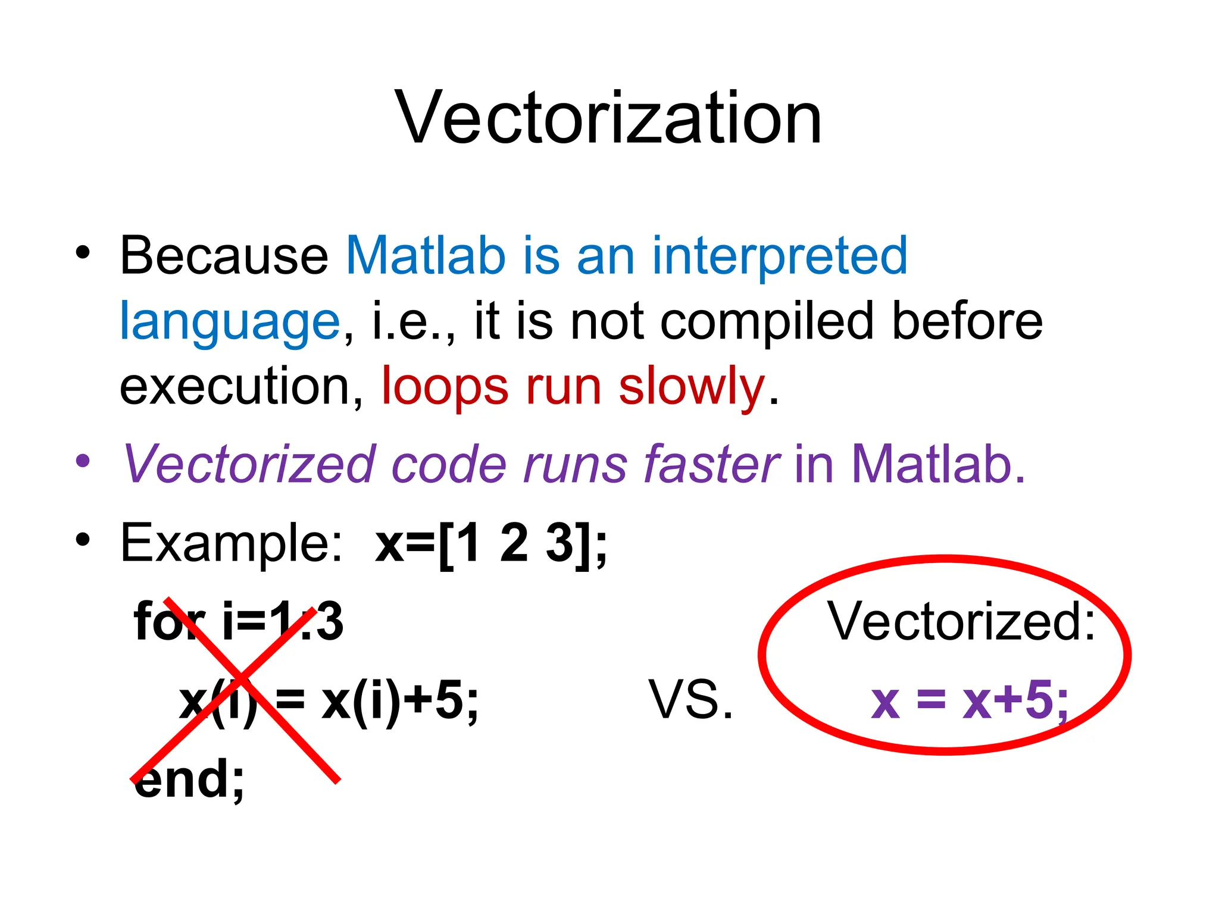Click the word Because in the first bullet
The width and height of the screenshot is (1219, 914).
(x=224, y=256)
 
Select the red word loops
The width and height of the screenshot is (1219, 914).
(x=445, y=387)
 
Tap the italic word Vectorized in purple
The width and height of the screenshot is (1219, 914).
(x=249, y=464)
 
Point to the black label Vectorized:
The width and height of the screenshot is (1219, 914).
(x=961, y=621)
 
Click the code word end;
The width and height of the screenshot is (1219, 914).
(x=189, y=779)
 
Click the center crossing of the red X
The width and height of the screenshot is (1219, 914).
(x=241, y=679)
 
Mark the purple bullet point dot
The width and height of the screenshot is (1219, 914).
(x=83, y=461)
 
